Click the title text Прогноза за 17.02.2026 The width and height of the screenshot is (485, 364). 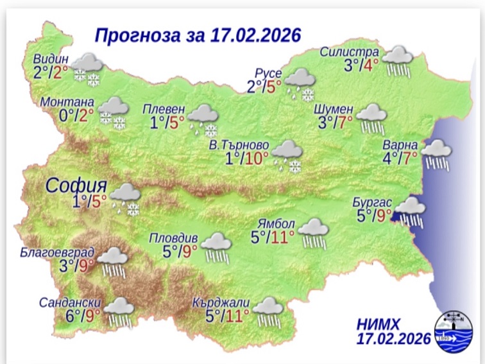coord(198,34)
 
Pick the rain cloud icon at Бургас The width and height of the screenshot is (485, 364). coord(410,211)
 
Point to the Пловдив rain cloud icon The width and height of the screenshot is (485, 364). coord(217,247)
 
